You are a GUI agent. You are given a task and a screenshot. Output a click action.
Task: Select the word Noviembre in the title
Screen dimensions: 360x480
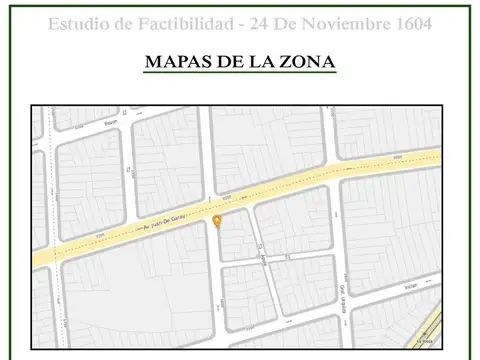tap(345, 23)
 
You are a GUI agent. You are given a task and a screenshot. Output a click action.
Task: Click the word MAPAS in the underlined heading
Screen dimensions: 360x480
tap(174, 62)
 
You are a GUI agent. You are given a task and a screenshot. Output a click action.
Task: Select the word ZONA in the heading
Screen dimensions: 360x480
tap(306, 62)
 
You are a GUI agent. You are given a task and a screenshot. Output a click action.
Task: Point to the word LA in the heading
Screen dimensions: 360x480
tap(260, 62)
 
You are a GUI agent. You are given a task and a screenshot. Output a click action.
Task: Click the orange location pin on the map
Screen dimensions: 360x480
tap(217, 220)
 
